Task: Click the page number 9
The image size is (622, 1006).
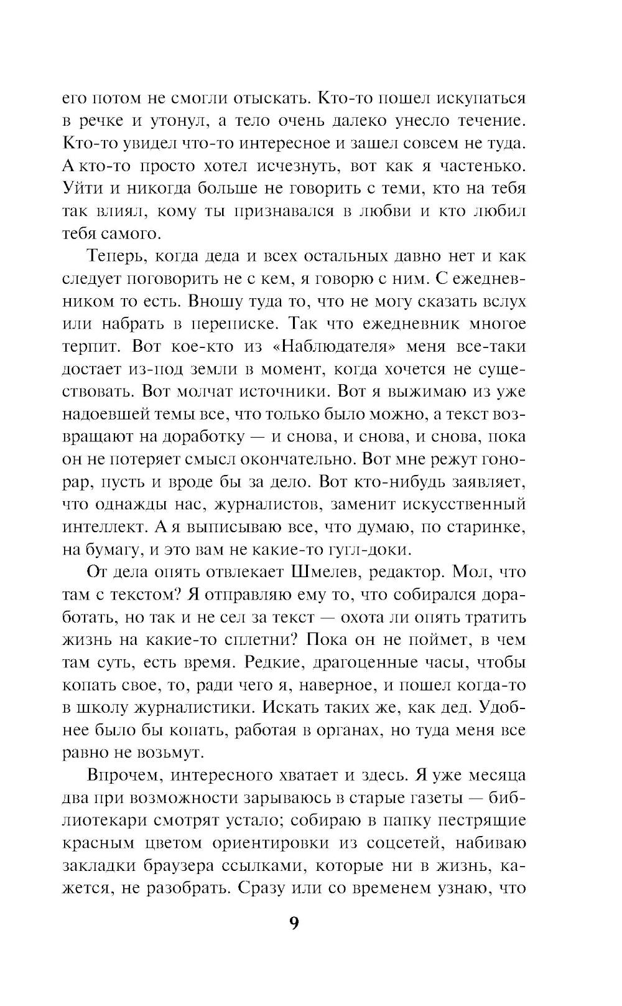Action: pos(294,923)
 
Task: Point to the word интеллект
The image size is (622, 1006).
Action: pos(104,527)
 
